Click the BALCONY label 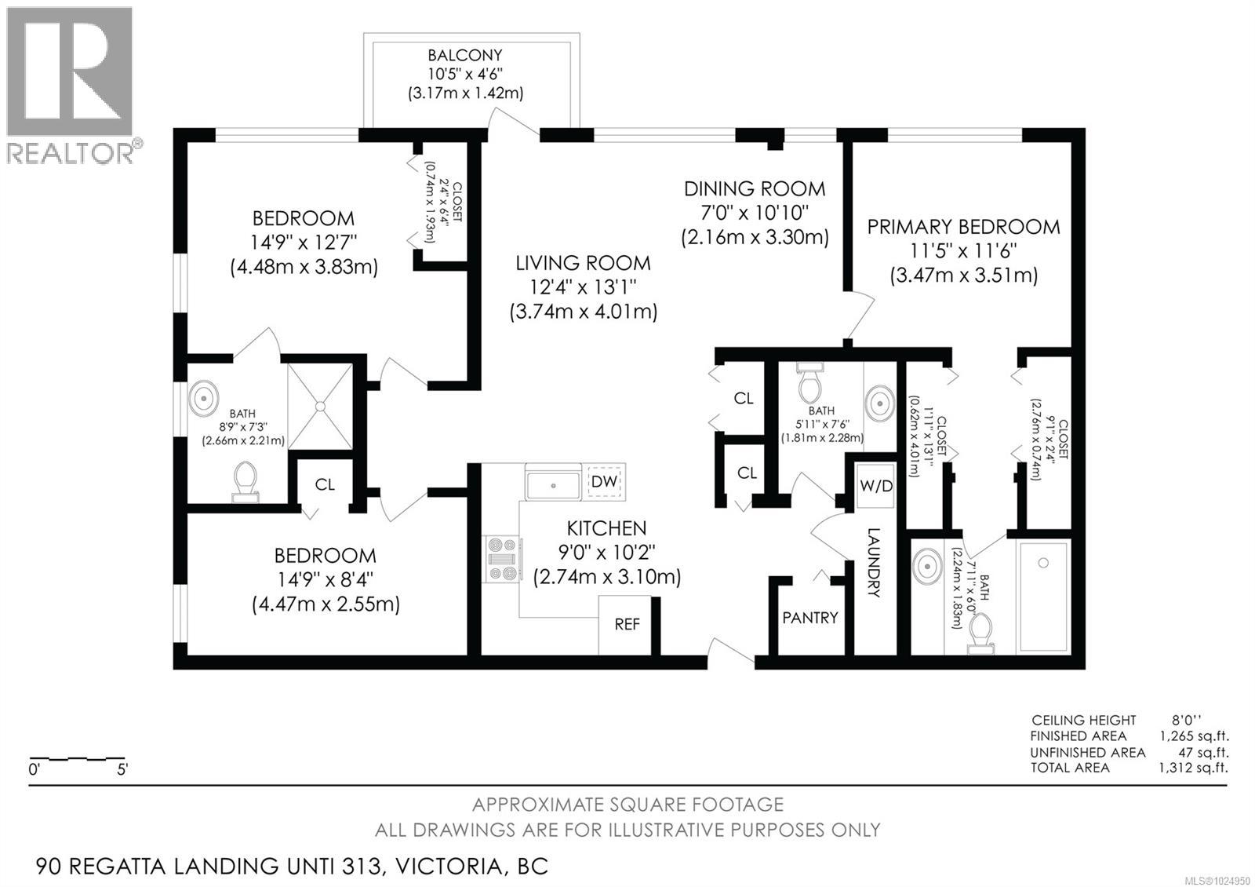[x=464, y=56]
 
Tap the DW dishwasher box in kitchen [x=604, y=481]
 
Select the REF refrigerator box [x=626, y=625]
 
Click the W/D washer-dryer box [x=875, y=485]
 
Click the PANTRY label [x=810, y=618]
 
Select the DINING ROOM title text [x=755, y=188]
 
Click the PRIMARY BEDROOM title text [x=963, y=227]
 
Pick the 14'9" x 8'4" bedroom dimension [x=325, y=581]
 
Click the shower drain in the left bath [x=321, y=406]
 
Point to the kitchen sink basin [x=552, y=485]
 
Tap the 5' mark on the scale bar [x=122, y=770]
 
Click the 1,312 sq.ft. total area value [x=1193, y=768]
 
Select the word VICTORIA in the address [x=448, y=867]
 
